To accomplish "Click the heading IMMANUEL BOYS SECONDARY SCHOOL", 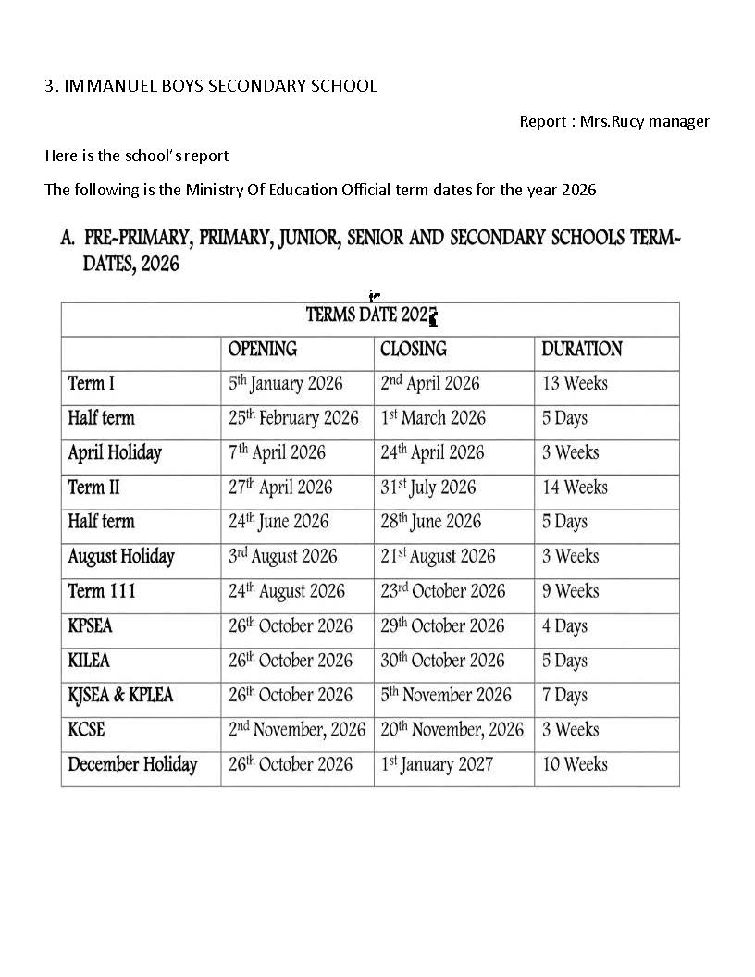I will (x=220, y=86).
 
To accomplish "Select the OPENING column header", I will (x=263, y=350).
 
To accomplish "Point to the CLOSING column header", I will (x=413, y=350).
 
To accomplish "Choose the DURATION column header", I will (x=581, y=350).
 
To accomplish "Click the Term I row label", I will (x=92, y=384).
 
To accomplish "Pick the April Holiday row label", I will (x=115, y=453).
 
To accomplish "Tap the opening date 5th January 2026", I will (x=285, y=384).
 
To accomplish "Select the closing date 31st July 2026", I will (x=427, y=488).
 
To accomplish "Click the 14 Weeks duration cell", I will (x=575, y=488).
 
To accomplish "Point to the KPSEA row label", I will (x=90, y=626).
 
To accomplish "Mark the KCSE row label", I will (x=86, y=730).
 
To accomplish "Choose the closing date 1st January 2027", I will (x=436, y=765).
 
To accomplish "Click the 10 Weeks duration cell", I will (x=575, y=765).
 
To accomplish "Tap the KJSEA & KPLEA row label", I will (x=120, y=696).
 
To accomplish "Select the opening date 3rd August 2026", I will (x=282, y=557).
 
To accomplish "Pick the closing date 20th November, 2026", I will (x=452, y=730).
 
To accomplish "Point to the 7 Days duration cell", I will (x=564, y=696).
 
